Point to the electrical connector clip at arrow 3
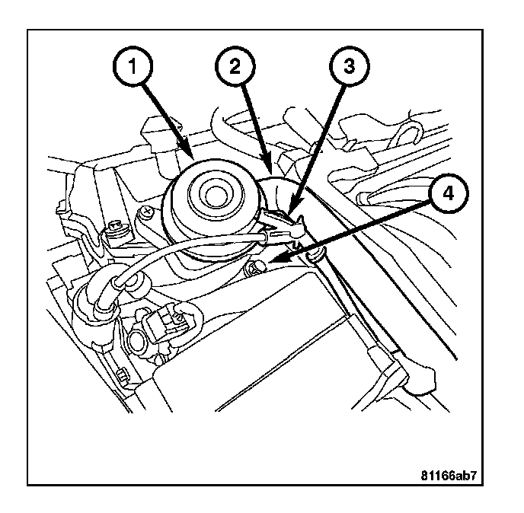283,223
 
